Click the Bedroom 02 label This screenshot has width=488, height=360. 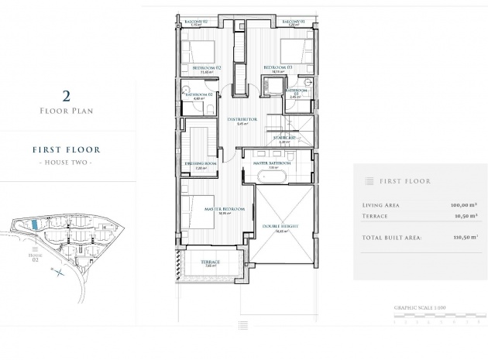coord(207,68)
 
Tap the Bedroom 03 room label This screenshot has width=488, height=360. coord(277,68)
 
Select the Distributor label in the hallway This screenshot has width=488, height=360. coord(242,120)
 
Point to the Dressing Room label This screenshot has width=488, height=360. coord(200,164)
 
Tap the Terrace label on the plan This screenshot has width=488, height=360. coord(210,262)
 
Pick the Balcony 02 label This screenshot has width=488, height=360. coord(198,21)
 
